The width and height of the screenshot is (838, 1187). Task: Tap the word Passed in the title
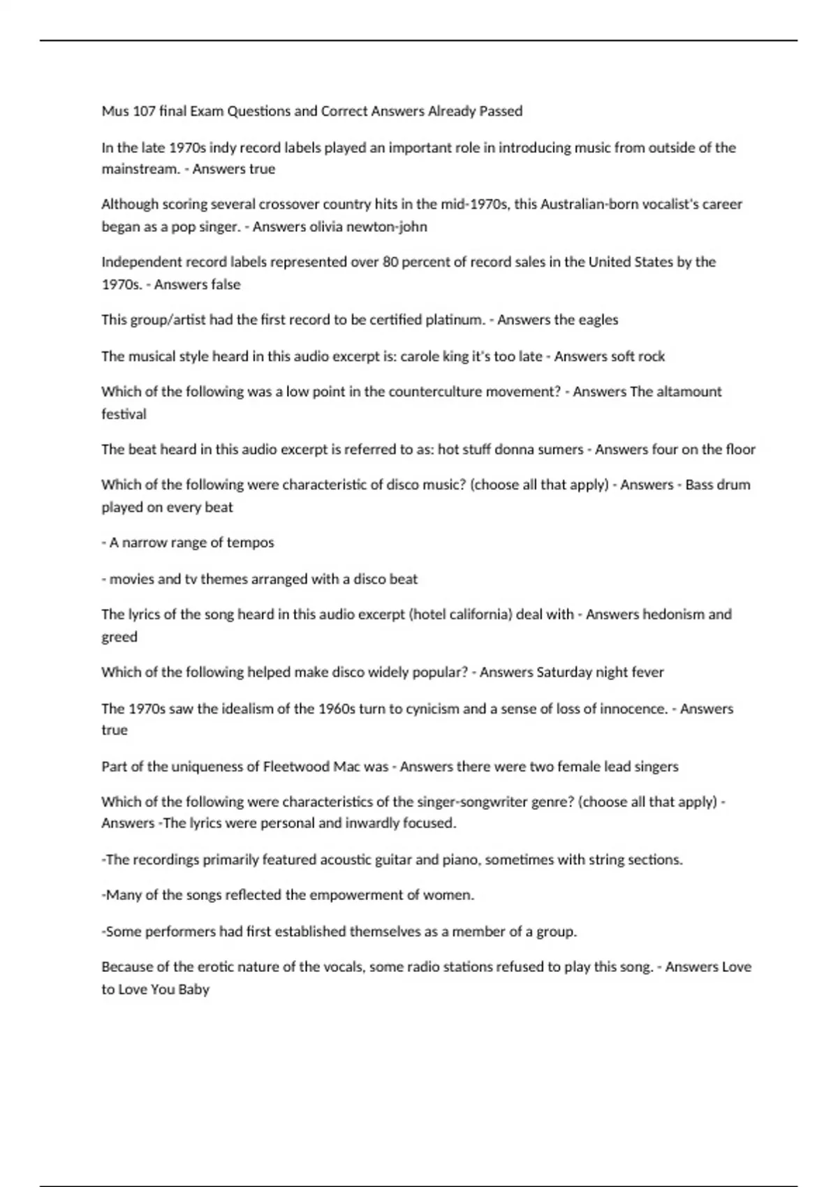click(501, 111)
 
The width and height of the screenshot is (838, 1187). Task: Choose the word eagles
click(598, 320)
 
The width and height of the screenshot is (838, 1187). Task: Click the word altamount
click(687, 392)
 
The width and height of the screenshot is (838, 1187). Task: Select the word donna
click(513, 449)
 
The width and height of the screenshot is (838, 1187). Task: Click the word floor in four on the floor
click(740, 449)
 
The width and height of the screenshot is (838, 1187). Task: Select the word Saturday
click(564, 672)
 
